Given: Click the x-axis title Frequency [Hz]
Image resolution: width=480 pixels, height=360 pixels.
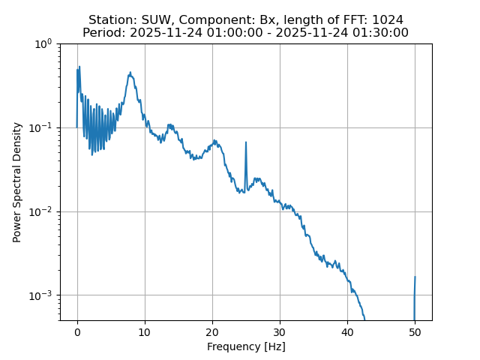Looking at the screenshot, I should click(x=246, y=346).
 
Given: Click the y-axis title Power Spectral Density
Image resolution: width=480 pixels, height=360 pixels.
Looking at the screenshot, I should click(x=16, y=182).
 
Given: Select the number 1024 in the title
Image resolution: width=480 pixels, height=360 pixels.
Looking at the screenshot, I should click(x=387, y=19).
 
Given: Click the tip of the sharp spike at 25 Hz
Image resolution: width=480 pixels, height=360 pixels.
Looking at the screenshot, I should click(x=245, y=142).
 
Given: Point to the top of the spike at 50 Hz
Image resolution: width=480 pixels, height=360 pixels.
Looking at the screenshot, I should click(x=415, y=277).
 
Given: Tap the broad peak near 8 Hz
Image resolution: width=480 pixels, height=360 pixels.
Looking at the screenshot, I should click(x=130, y=73).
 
